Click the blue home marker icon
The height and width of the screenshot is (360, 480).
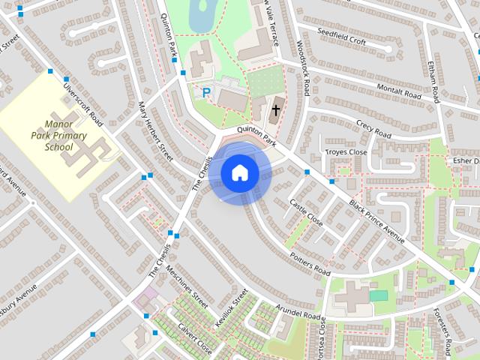239,173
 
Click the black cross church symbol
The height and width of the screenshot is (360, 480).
275,110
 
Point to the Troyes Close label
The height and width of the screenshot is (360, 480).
345,152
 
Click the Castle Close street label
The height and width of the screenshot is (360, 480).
305,213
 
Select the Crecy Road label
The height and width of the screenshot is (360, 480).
373,129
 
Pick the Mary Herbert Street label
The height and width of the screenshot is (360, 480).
156,132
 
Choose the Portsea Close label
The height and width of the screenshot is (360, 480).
322,334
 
